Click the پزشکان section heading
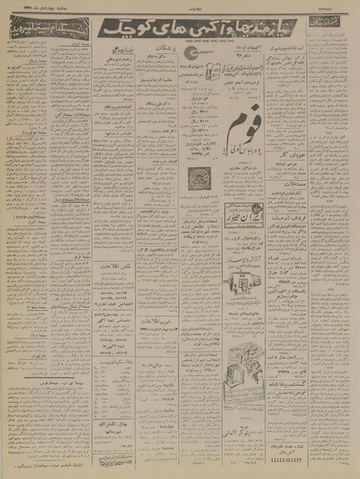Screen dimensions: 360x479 [x=152, y=59]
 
